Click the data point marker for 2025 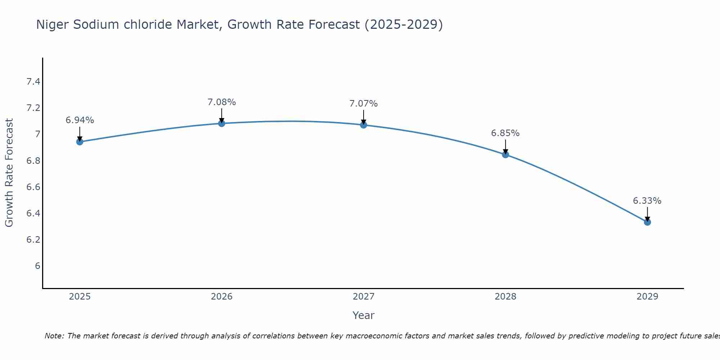pos(80,142)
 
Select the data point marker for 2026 pos(222,123)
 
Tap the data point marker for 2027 pos(364,125)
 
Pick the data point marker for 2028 pos(505,155)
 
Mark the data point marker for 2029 pos(647,222)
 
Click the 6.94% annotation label pos(80,120)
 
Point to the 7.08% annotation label pos(222,102)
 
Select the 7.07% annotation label pos(364,104)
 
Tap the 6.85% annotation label pos(505,133)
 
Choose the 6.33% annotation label pos(647,201)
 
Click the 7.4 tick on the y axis pos(33,82)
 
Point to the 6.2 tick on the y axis pos(33,240)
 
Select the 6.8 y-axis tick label pos(33,161)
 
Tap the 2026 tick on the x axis pos(222,297)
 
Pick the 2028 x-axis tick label pos(505,297)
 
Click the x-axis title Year pos(364,315)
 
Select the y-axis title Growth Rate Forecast pos(9,173)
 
